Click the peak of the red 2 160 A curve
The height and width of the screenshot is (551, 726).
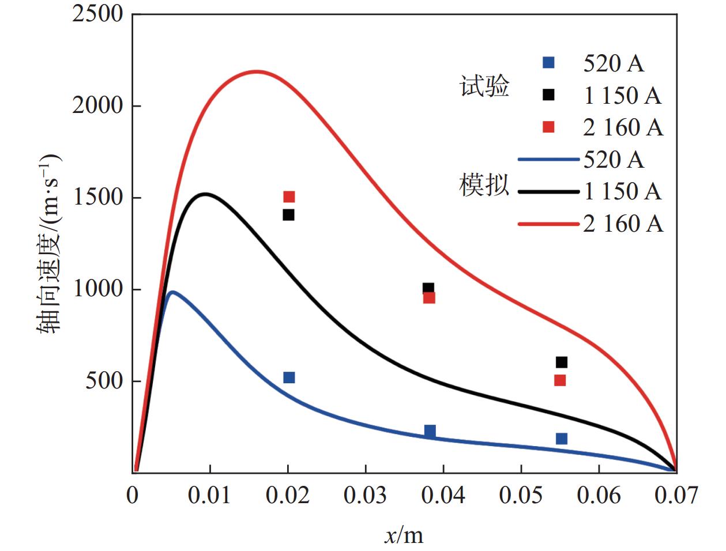click(257, 72)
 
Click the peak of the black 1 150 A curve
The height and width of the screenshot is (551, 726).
click(205, 194)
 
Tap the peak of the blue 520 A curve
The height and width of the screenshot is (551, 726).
click(172, 292)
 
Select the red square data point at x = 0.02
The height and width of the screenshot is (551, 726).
click(289, 197)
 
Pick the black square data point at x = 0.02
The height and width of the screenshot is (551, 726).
click(288, 215)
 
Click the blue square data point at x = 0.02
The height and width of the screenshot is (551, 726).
click(289, 378)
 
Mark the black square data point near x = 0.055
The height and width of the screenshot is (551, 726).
click(561, 362)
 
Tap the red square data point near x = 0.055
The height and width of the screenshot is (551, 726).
click(560, 380)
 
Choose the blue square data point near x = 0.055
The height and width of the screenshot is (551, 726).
click(561, 439)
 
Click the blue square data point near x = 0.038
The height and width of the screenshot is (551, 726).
click(430, 431)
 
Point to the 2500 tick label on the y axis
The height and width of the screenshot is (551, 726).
click(98, 14)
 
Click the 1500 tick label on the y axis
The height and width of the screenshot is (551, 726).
click(98, 198)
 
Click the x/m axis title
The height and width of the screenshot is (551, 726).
click(404, 535)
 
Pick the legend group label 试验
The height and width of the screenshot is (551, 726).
click(484, 87)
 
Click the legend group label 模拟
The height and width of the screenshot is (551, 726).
click(484, 186)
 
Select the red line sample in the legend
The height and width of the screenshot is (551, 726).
click(548, 224)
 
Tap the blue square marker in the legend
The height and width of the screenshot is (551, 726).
click(548, 63)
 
